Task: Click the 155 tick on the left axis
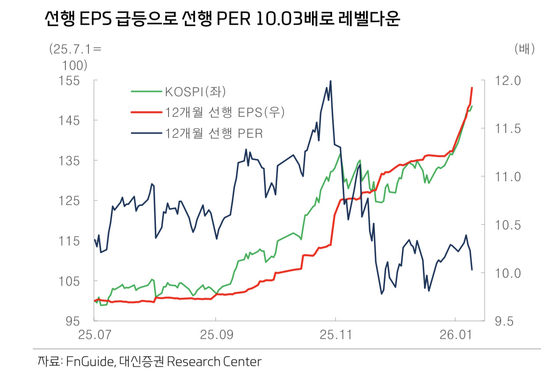71,80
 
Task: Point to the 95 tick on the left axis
74,321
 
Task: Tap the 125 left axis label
71,201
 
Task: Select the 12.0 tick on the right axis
507,80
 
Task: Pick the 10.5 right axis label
507,225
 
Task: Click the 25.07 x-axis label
94,335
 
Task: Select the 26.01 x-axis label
455,335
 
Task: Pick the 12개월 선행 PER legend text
214,134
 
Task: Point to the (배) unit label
524,49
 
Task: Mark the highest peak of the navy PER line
330,81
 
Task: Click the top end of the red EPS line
472,88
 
